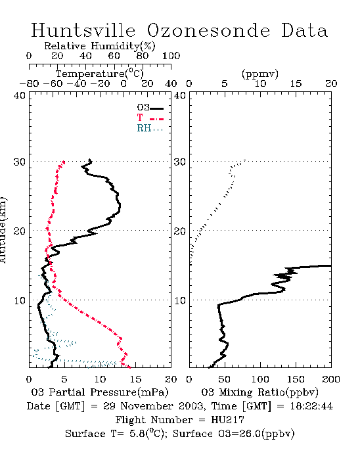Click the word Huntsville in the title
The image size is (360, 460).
(83, 30)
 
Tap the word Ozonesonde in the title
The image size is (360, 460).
(208, 30)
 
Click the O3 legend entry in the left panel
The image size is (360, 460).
(150, 108)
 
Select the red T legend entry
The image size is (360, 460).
(150, 118)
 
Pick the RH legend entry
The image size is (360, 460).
(150, 128)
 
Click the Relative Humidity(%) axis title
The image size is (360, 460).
(100, 46)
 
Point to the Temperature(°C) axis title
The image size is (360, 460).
(100, 74)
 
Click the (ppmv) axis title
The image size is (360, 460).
(260, 74)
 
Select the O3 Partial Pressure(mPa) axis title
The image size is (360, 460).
(100, 392)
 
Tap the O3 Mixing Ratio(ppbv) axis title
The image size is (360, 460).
(259, 392)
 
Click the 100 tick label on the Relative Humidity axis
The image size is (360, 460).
(171, 56)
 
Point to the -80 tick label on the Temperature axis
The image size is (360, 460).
(29, 83)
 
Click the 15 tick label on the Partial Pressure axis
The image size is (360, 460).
(135, 379)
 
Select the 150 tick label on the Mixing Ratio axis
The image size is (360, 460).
(296, 379)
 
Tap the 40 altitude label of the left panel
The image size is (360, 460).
(20, 95)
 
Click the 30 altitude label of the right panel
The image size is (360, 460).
(180, 162)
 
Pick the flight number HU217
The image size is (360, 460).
(227, 420)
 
